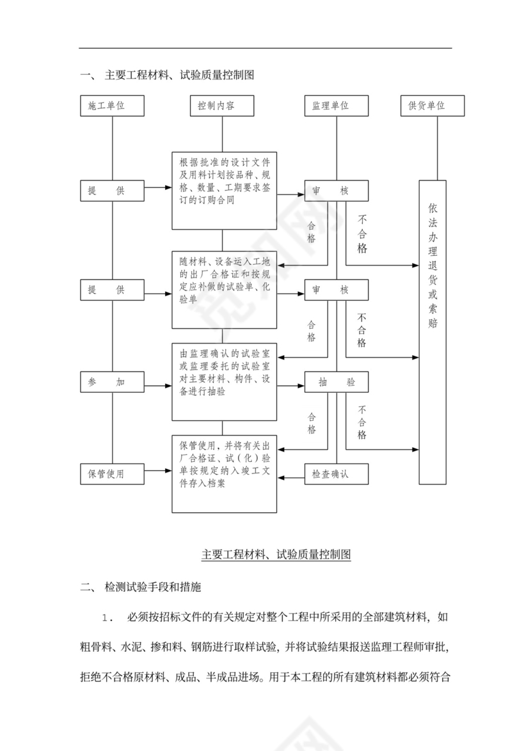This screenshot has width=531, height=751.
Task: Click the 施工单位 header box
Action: [x=112, y=106]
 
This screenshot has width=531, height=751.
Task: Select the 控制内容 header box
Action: [x=222, y=106]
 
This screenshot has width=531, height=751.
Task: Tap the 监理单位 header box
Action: [x=336, y=106]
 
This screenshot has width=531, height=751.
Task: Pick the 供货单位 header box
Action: [x=432, y=106]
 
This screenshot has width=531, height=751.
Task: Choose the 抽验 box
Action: [x=336, y=382]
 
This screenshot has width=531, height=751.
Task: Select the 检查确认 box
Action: [x=336, y=474]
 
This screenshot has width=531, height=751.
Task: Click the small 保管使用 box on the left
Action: [x=112, y=474]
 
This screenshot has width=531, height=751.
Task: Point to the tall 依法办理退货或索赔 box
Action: [x=432, y=331]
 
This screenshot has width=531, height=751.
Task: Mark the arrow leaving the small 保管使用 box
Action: [x=158, y=474]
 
